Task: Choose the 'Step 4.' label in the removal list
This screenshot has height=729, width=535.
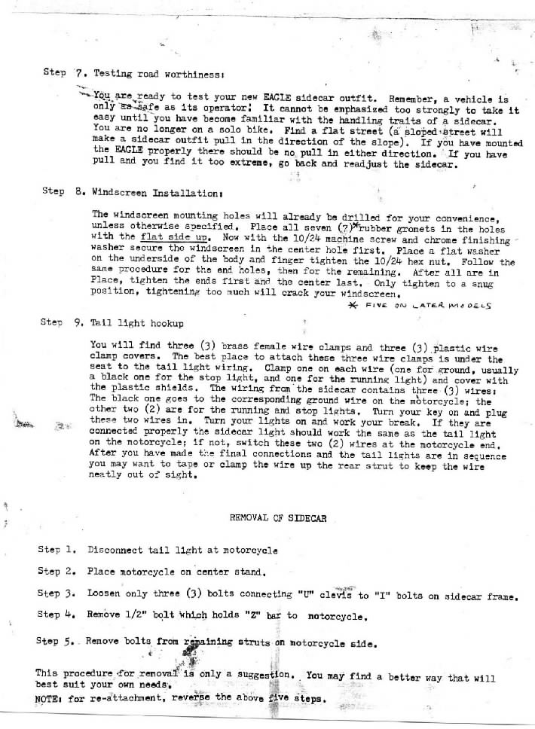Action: point(58,615)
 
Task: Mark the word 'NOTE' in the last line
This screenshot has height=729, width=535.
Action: point(47,698)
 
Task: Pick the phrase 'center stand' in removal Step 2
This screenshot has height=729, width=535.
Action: point(198,572)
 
